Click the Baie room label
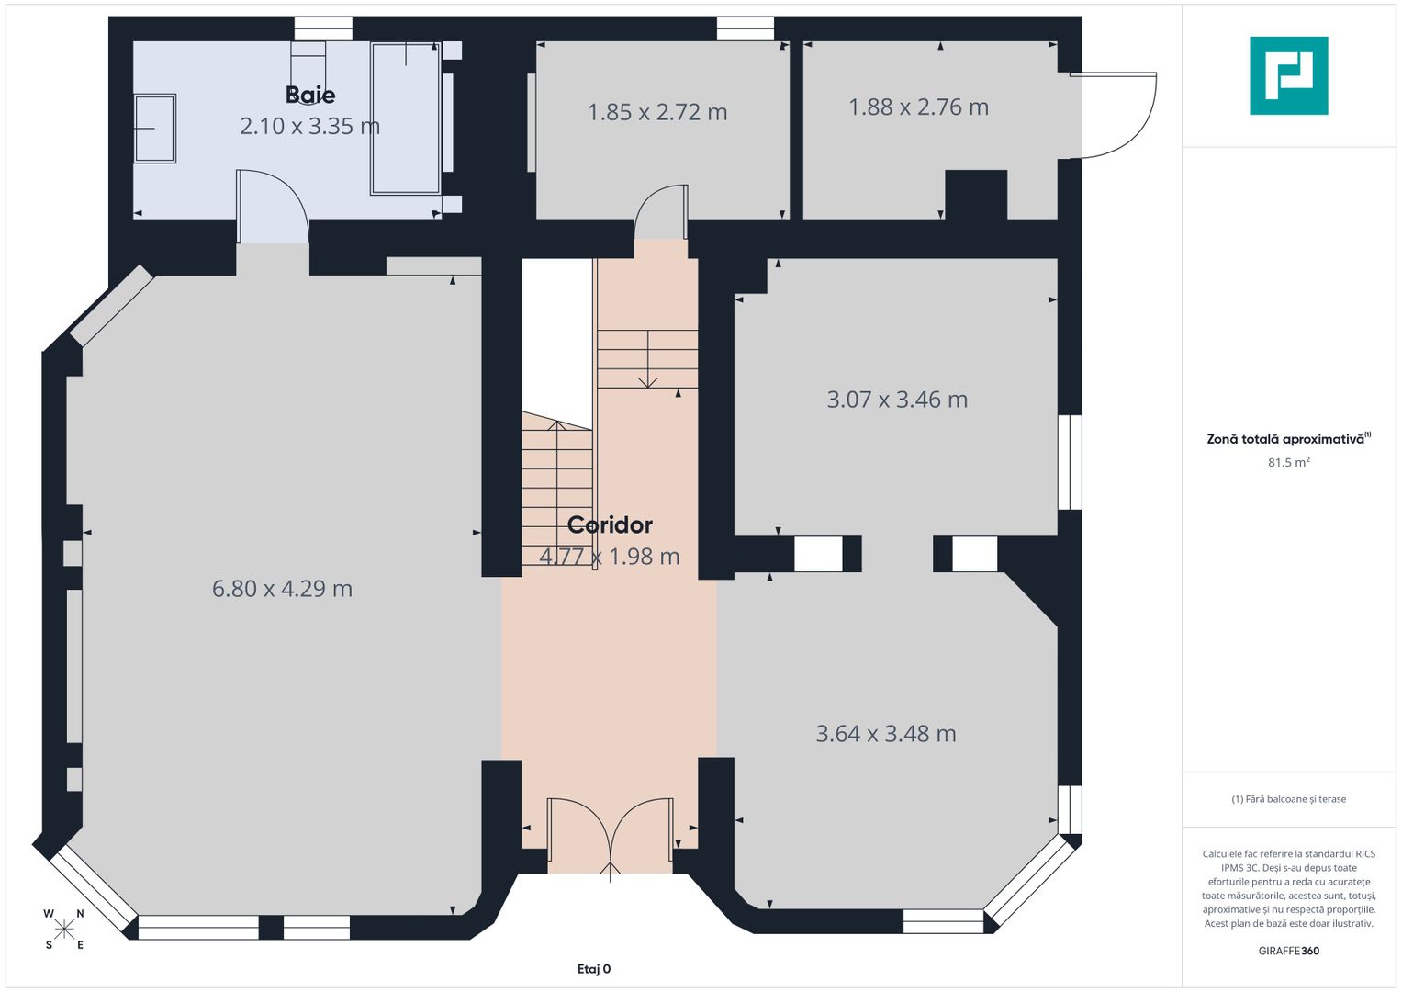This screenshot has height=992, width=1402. pos(310,96)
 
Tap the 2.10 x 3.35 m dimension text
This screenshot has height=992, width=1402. pos(309,127)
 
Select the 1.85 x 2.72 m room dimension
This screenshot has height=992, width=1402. pos(657,113)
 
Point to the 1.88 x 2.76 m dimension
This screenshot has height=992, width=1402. pos(919,107)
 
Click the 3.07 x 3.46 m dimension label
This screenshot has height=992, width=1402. pos(898,400)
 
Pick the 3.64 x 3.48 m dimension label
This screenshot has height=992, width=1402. pos(886,734)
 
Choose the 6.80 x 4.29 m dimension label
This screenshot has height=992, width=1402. pos(282,590)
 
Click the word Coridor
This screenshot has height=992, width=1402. pos(610,525)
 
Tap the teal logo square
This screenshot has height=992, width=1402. pos(1289,75)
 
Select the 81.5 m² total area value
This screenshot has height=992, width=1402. pos(1289,463)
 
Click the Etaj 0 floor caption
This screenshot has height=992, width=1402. pos(594,969)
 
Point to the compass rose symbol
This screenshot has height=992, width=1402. pos(64,930)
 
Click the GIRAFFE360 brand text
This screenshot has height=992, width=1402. pos(1289,952)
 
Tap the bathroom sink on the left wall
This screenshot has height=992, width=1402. pos(154,129)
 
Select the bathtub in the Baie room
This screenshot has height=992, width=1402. pos(406,118)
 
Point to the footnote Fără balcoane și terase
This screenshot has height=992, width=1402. pos(1289,799)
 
